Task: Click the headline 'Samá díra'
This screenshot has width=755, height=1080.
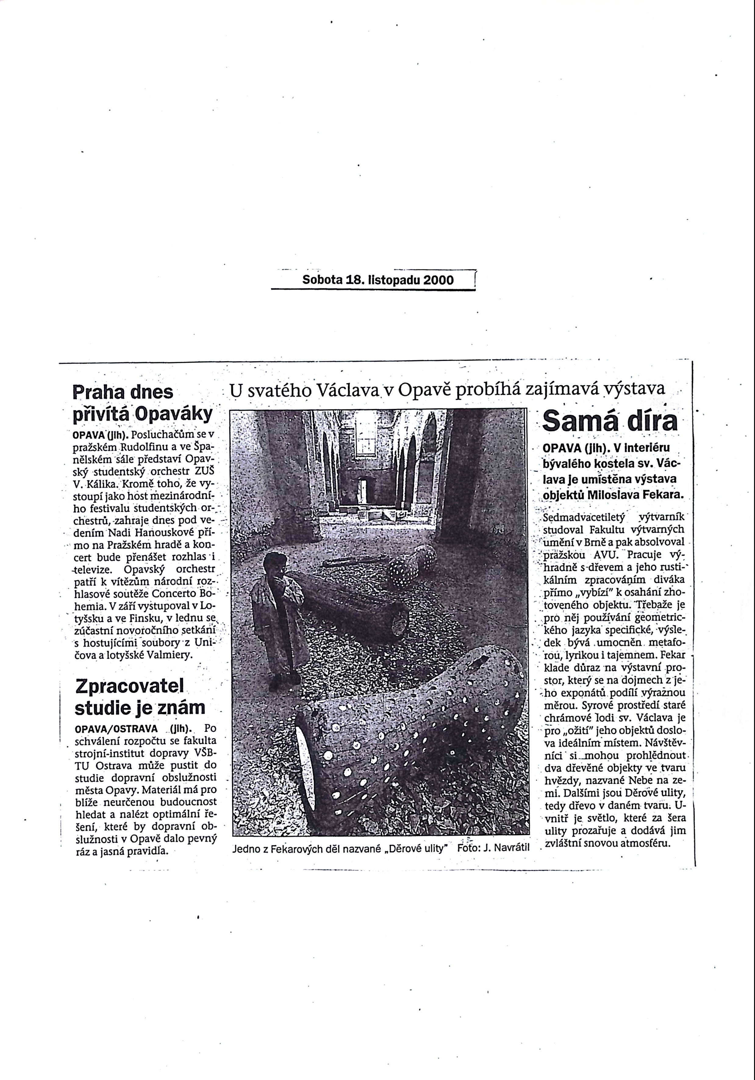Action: click(x=610, y=421)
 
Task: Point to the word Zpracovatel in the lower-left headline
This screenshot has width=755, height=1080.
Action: click(x=129, y=686)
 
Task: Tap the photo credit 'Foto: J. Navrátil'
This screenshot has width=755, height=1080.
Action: click(x=493, y=848)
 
